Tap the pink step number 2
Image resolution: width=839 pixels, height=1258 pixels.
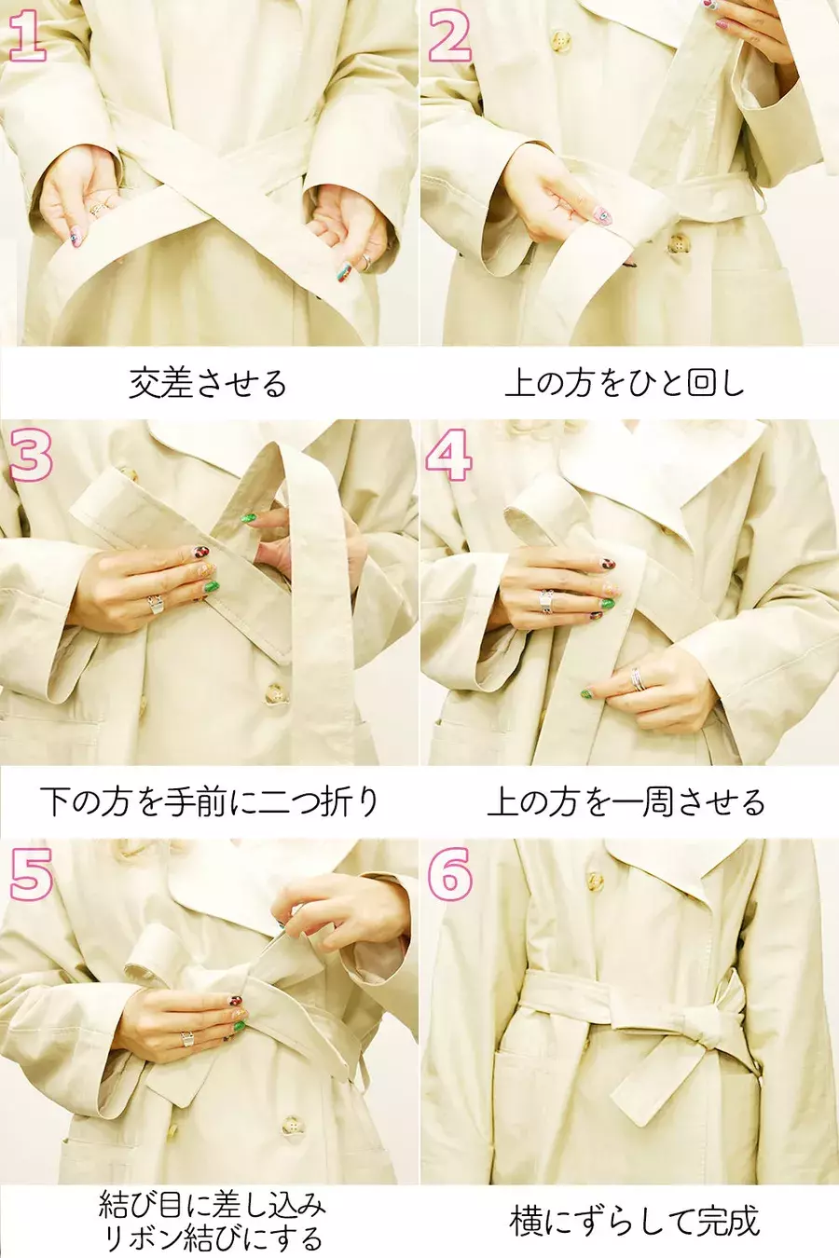tap(449, 36)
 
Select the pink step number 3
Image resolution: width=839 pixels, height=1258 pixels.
tap(31, 456)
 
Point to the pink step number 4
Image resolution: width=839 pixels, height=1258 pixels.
tap(449, 455)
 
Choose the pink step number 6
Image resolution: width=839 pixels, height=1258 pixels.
tap(449, 875)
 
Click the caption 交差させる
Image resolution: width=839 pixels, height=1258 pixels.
tap(208, 384)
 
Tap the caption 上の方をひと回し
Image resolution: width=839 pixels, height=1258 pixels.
tap(625, 384)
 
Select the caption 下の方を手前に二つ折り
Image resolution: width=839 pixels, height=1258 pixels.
tap(209, 802)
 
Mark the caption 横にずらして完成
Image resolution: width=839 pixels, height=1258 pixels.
tap(635, 1219)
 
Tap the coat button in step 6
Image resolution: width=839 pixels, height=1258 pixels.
tap(595, 880)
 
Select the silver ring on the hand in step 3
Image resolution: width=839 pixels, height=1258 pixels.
tap(155, 604)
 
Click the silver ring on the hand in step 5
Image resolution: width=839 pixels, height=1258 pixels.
tap(187, 1039)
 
